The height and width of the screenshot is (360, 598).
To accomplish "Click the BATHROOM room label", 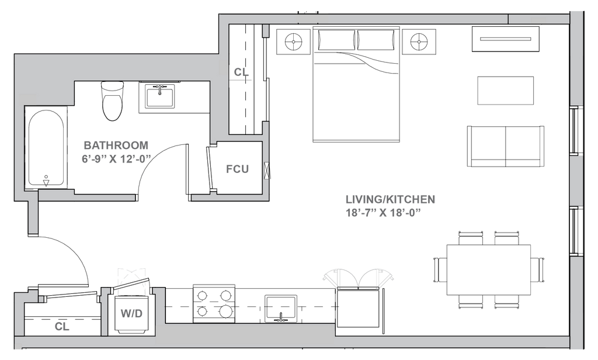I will pyautogui.click(x=116, y=144).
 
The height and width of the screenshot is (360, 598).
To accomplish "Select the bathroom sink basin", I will pyautogui.click(x=159, y=95).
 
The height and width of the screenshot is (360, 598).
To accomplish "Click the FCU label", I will pyautogui.click(x=238, y=170).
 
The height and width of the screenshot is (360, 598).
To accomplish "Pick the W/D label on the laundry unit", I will pyautogui.click(x=132, y=313).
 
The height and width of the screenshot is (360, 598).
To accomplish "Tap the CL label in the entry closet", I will pyautogui.click(x=62, y=326).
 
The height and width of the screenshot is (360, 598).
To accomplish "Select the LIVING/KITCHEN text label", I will pyautogui.click(x=390, y=200).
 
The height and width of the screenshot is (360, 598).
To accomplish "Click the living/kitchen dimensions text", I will pyautogui.click(x=383, y=213).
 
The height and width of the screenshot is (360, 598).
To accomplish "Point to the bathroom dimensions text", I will pyautogui.click(x=116, y=158).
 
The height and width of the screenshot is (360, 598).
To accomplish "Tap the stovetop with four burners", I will pyautogui.click(x=214, y=303).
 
